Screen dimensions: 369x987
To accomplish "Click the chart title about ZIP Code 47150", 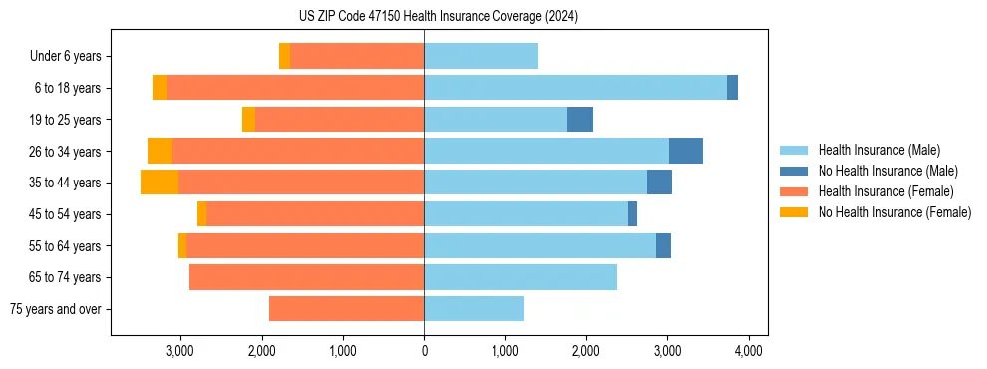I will point(439,17).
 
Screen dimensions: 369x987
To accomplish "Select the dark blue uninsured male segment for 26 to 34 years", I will point(685,151).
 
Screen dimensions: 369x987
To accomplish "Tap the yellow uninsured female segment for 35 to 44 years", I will point(160,183).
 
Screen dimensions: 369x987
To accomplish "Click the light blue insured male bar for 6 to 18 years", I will point(575,88).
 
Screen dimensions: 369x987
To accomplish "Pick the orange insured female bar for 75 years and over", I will point(346,309).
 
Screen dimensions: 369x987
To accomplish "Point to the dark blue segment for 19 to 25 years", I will point(580,120).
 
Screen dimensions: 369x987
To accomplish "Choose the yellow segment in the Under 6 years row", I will point(284,56).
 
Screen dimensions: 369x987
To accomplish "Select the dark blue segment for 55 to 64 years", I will point(663,245).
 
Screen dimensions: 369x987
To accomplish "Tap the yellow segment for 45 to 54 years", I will point(201,214).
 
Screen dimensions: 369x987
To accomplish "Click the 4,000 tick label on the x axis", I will point(749,351).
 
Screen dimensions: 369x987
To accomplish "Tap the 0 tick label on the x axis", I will point(424,351).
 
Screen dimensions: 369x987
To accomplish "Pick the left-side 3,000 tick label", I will point(180,351).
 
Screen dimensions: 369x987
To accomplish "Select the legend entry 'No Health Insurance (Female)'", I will point(894,212).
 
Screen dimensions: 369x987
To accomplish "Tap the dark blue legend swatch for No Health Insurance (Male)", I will point(794,171).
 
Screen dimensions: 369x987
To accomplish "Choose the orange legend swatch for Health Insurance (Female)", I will point(794,191).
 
